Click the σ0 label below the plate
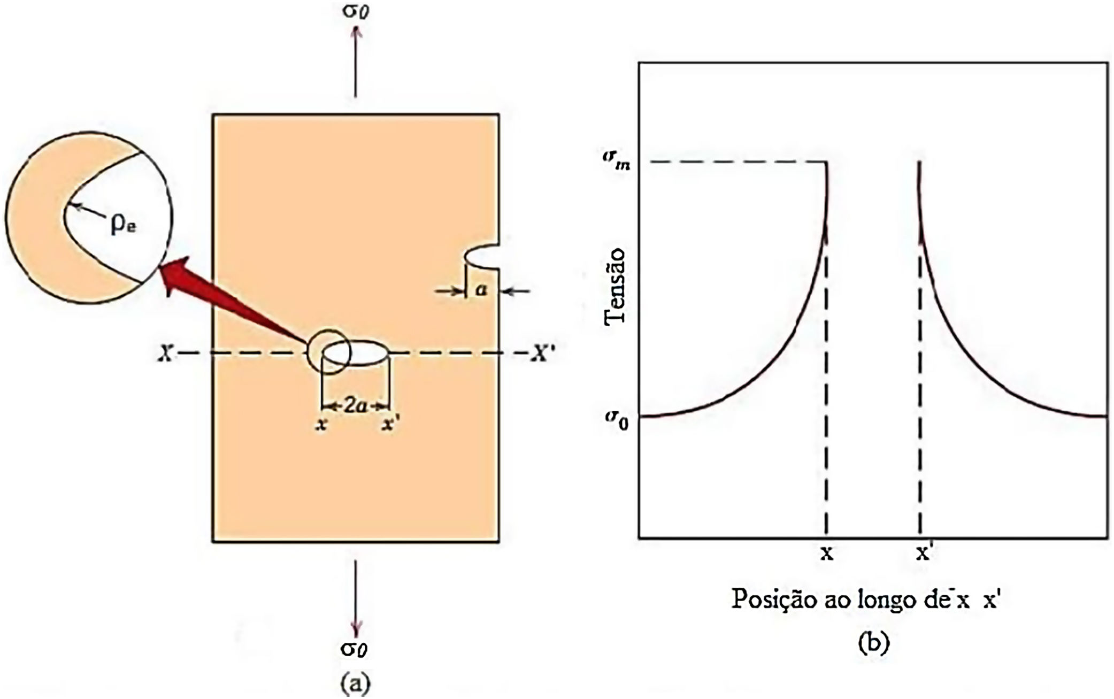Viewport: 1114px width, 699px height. (355, 648)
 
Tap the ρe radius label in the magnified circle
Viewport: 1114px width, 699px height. (124, 225)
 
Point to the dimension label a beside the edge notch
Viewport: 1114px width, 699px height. (482, 290)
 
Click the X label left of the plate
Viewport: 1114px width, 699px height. (166, 354)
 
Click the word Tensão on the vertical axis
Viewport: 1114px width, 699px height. (615, 286)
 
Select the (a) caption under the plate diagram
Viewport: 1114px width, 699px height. (355, 683)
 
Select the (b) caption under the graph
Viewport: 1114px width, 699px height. (873, 642)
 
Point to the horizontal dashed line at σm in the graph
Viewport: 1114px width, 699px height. (733, 162)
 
